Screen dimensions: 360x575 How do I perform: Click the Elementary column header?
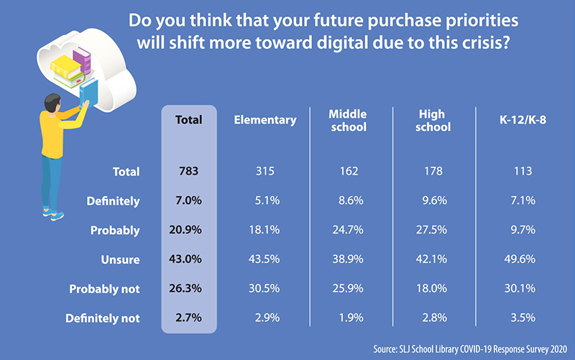pyautogui.click(x=264, y=121)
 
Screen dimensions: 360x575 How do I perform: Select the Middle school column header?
pyautogui.click(x=347, y=121)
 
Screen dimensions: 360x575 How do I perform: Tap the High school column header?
pyautogui.click(x=433, y=121)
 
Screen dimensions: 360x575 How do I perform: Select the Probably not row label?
pyautogui.click(x=105, y=289)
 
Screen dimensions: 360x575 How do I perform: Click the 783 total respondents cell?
pyautogui.click(x=189, y=172)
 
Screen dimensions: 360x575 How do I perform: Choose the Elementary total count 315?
pyautogui.click(x=265, y=172)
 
